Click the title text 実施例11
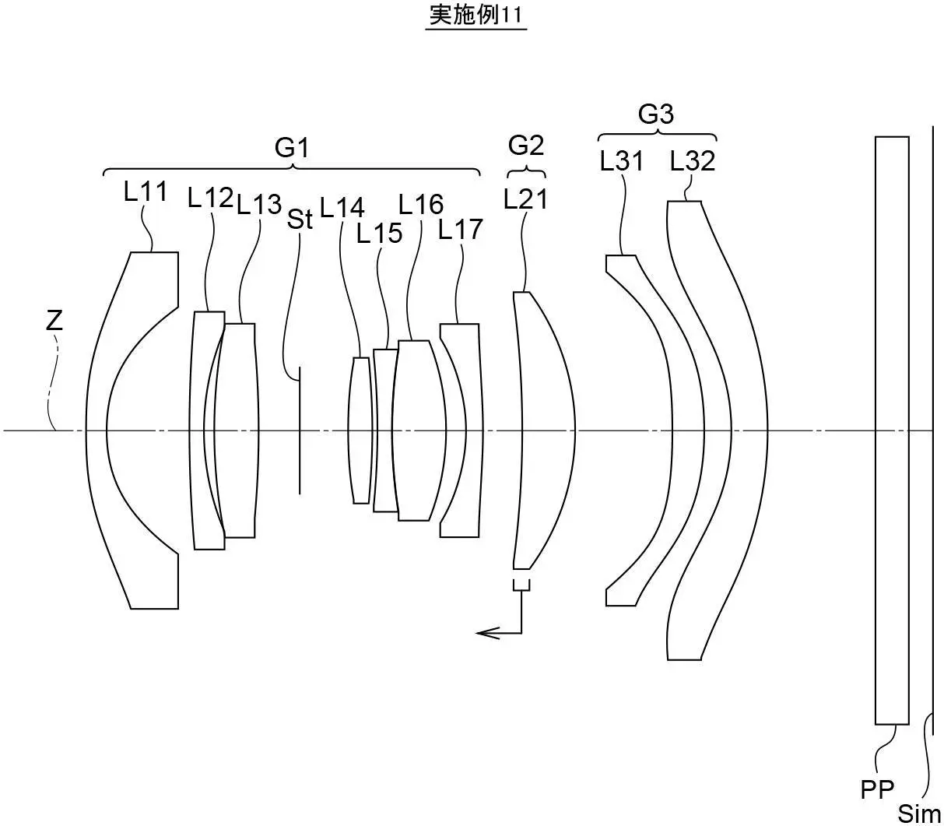click(x=476, y=16)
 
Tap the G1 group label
click(x=292, y=146)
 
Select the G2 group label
click(x=526, y=145)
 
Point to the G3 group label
click(x=655, y=114)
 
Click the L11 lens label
click(x=146, y=192)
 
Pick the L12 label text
click(x=210, y=198)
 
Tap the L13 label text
click(x=259, y=204)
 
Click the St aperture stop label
click(x=300, y=220)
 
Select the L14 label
click(x=342, y=207)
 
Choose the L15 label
click(x=380, y=233)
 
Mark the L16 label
click(x=421, y=204)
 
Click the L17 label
click(x=461, y=229)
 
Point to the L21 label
click(x=525, y=199)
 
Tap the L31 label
click(x=622, y=161)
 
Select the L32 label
click(x=692, y=161)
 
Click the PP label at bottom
click(x=877, y=789)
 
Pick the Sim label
click(x=919, y=813)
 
